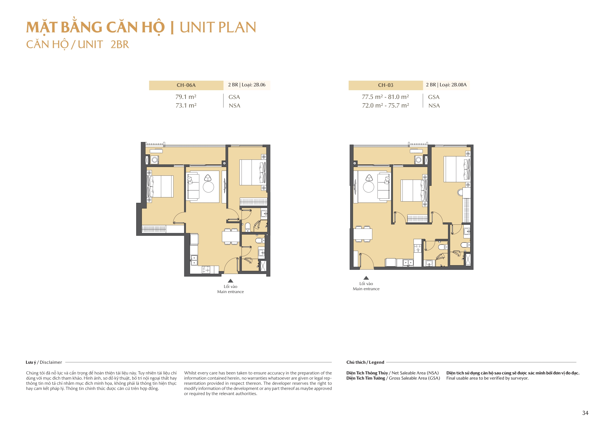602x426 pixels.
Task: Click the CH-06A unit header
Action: point(186,85)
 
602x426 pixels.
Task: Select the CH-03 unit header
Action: point(385,85)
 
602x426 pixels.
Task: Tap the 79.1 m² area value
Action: point(186,97)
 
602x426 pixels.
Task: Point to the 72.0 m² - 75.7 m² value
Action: point(385,105)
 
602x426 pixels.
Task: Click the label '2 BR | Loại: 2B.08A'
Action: point(446,85)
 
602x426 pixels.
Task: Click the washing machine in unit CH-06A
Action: point(154,160)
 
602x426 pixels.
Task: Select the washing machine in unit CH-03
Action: point(418,160)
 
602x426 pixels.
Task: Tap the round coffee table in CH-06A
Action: point(208,187)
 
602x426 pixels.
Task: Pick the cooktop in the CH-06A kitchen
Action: point(206,270)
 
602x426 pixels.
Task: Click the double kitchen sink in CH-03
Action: point(408,262)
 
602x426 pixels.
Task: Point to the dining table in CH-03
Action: point(363,234)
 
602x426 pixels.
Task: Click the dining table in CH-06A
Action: point(231,237)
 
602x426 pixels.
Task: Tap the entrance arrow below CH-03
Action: point(366,278)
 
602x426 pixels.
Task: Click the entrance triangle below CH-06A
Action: point(230,281)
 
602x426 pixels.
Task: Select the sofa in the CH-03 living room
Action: point(383,187)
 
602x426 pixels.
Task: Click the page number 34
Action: point(585,413)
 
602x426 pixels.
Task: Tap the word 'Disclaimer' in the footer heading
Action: point(51,362)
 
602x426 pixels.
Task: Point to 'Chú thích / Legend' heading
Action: point(365,362)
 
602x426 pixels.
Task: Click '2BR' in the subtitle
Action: point(119,45)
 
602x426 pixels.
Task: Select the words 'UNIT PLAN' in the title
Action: point(217,27)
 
